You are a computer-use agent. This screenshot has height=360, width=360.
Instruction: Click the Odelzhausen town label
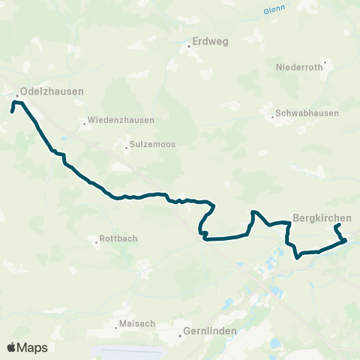[52, 91]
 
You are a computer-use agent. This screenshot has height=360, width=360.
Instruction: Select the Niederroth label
[299, 67]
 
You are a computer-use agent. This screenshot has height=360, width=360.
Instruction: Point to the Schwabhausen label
[307, 113]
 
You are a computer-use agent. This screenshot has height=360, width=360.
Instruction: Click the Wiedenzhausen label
[121, 119]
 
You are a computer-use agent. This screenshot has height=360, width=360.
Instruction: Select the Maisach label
[136, 324]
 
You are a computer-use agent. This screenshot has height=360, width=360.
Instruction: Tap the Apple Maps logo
[27, 347]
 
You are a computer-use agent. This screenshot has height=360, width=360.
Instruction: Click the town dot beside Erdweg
[189, 46]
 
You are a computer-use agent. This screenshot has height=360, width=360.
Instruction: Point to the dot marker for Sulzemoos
[127, 147]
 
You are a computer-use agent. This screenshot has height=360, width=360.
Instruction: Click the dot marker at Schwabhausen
[272, 116]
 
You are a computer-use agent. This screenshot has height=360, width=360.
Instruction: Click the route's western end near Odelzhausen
[12, 111]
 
